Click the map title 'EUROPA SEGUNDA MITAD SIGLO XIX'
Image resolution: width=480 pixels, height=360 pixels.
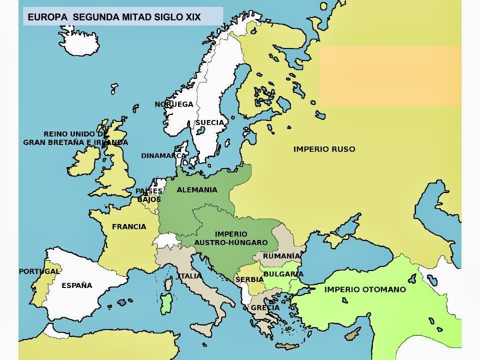(114, 17)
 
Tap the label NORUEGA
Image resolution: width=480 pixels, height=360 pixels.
(173, 104)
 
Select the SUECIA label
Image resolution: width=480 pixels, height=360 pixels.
(209, 122)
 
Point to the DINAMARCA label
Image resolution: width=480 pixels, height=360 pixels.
(163, 155)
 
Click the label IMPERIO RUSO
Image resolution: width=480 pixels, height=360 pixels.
(324, 149)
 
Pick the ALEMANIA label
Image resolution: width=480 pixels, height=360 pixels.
(197, 190)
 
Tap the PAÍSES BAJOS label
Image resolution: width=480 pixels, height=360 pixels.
(149, 195)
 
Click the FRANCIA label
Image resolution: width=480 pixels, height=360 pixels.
(129, 226)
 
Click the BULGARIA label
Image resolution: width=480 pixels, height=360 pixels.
(283, 274)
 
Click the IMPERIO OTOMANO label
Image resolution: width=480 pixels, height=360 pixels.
(365, 289)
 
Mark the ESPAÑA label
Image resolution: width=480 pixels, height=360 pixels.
(76, 285)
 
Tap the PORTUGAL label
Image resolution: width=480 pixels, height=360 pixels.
(39, 271)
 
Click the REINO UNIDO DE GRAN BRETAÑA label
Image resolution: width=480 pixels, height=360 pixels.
(75, 138)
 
